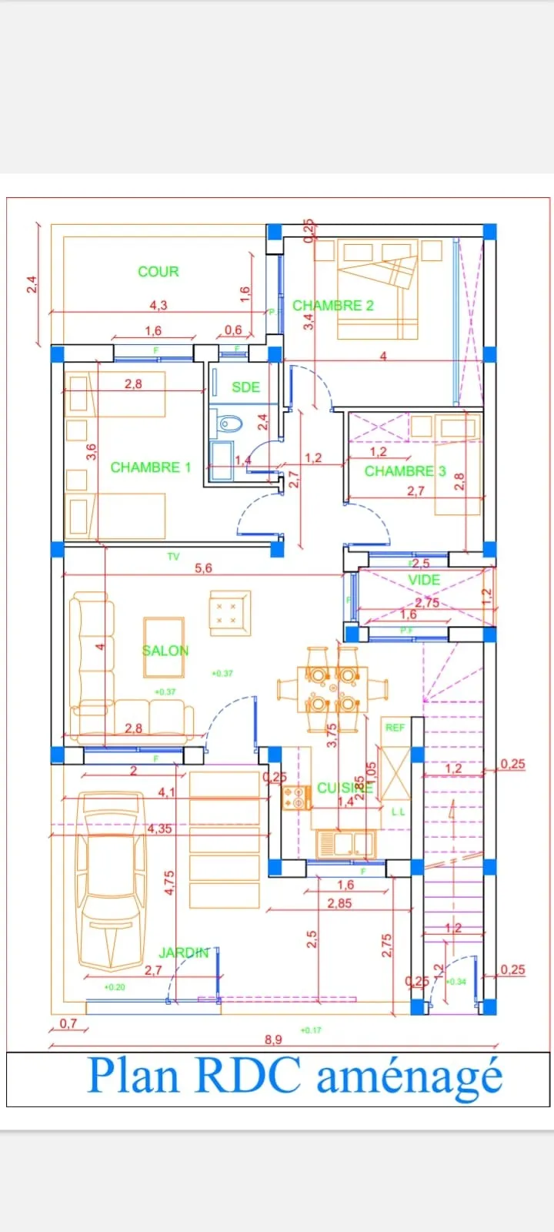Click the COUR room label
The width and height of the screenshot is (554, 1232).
click(158, 272)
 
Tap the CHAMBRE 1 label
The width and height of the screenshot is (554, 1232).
click(151, 467)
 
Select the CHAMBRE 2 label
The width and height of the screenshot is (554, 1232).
click(332, 306)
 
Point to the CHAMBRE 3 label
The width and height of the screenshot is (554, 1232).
click(405, 471)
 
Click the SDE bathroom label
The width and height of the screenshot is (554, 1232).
click(245, 387)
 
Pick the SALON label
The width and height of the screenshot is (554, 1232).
click(165, 651)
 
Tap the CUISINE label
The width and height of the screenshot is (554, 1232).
click(344, 788)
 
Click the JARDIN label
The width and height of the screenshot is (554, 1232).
click(183, 952)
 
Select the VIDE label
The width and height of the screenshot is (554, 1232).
click(424, 580)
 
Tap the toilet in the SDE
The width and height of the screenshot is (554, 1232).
click(229, 423)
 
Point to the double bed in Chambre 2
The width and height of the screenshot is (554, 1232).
click(377, 289)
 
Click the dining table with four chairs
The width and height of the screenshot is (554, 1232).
click(332, 690)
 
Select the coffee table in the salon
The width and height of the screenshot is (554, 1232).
click(164, 635)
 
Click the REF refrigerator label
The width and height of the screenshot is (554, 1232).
click(395, 728)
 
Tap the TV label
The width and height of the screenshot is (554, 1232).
click(173, 556)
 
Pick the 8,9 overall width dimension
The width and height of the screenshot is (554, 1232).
click(273, 1039)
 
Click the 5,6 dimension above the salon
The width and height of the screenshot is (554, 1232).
click(203, 568)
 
